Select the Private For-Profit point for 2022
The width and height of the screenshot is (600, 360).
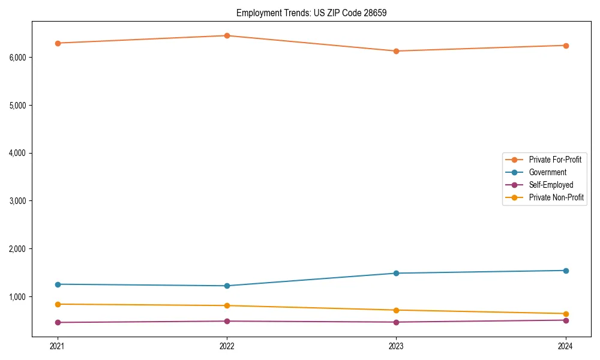(x=227, y=35)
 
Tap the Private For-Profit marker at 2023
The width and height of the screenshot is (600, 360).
(x=396, y=51)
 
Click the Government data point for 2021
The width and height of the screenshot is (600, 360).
(x=58, y=284)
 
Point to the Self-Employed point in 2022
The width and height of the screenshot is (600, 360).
(x=227, y=321)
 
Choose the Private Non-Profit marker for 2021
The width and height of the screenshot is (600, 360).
(x=58, y=304)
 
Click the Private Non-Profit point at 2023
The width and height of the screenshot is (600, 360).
(x=396, y=310)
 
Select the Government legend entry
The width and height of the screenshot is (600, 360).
(x=547, y=172)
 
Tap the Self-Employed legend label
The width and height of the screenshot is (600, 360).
(x=551, y=185)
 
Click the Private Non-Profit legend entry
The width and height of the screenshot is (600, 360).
(x=556, y=197)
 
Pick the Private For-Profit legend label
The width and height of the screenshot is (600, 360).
(x=555, y=160)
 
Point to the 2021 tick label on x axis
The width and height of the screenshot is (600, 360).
(x=58, y=346)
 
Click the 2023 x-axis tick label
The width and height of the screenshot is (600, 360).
(x=396, y=346)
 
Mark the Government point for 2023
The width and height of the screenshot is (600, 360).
(x=396, y=273)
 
